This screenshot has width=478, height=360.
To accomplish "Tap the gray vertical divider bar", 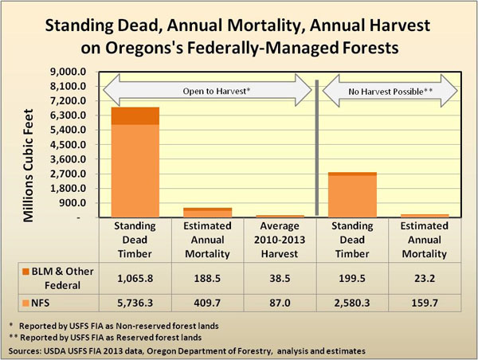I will (317, 147).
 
